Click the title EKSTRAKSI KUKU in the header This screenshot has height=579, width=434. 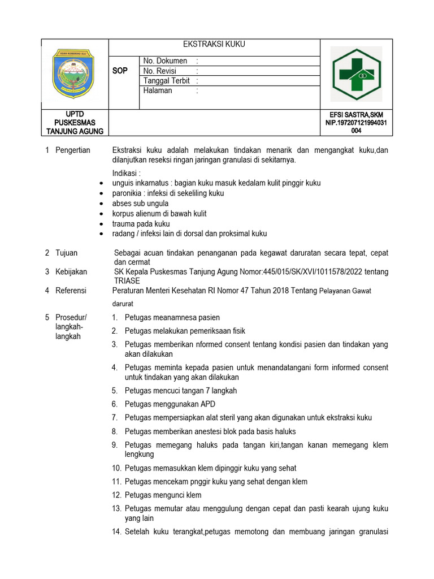click(214, 45)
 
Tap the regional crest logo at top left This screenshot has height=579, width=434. click(74, 74)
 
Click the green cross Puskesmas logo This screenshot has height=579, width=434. click(356, 74)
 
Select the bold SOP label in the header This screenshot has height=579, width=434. click(120, 71)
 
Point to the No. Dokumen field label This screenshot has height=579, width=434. click(165, 61)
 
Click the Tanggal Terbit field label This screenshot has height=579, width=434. click(166, 81)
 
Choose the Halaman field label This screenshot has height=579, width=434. click(158, 91)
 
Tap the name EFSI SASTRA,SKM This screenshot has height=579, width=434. click(356, 115)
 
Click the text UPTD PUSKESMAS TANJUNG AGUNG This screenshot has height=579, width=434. click(75, 123)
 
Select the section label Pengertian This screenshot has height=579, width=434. click(72, 150)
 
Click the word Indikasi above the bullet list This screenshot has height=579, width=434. click(126, 173)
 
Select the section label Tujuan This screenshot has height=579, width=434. click(66, 253)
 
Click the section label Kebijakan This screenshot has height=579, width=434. click(71, 272)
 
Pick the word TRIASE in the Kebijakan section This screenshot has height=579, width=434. click(125, 281)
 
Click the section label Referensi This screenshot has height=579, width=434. click(71, 291)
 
